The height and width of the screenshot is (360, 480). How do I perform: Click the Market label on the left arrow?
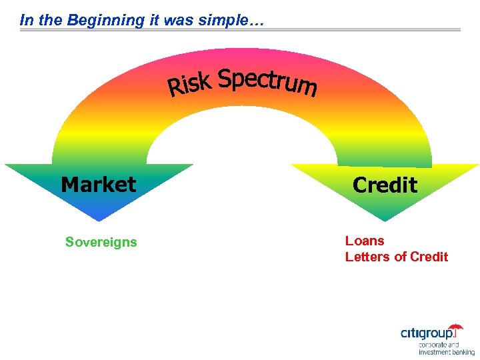point(98,184)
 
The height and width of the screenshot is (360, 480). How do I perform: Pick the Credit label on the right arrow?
point(385,185)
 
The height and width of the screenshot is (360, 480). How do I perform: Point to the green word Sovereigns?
point(101,242)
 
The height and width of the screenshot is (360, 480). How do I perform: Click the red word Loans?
point(365,241)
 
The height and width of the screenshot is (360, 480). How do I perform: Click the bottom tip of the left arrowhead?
point(98,221)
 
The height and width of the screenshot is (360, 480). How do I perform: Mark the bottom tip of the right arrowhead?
point(385,221)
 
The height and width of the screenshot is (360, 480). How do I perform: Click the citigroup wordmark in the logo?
point(427,333)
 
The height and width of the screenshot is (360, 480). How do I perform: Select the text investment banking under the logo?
point(447,352)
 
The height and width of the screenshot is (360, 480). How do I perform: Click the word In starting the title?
point(26,20)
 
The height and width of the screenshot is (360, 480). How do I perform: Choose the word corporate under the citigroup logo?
point(434,345)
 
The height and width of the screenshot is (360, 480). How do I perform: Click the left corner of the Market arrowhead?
point(7,165)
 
